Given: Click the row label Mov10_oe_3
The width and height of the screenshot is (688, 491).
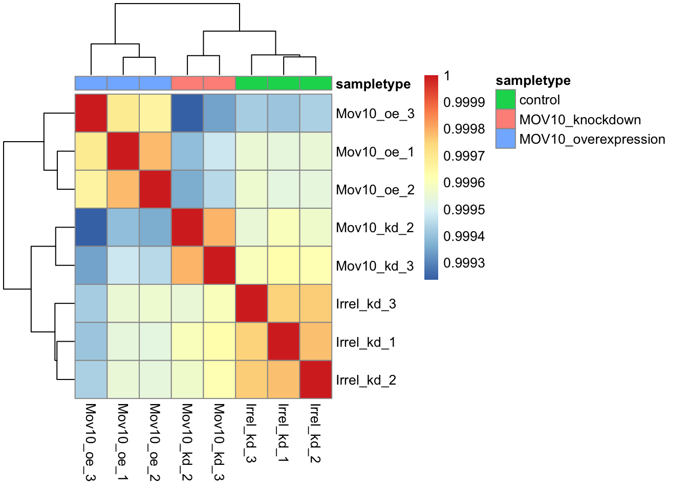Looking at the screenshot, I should click(375, 114).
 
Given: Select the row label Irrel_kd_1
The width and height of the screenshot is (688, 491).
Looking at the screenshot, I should click(365, 342).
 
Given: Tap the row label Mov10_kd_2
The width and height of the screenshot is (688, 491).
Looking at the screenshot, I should click(375, 228).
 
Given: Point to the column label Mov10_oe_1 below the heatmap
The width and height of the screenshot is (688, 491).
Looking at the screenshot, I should click(122, 442).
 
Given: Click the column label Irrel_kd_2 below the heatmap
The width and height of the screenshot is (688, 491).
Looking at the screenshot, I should click(315, 433).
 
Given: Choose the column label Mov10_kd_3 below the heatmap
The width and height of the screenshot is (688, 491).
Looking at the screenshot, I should click(219, 442).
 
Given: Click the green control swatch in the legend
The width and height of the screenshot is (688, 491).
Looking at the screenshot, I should click(505, 100).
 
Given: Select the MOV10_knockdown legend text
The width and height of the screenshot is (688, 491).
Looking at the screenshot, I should click(580, 120).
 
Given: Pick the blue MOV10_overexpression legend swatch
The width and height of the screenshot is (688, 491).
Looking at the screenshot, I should click(505, 139).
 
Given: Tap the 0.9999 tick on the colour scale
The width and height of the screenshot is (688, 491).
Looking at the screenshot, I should click(464, 102).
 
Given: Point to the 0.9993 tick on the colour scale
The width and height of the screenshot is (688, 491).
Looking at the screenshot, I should click(464, 263).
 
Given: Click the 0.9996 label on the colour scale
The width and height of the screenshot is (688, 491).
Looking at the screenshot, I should click(464, 183).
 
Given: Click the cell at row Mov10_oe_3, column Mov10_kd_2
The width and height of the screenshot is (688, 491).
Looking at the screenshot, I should click(187, 114).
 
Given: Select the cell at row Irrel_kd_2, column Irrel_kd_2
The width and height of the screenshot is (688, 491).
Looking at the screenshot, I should click(315, 380).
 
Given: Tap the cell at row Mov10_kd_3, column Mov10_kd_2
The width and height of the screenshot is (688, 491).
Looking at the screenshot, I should click(187, 265).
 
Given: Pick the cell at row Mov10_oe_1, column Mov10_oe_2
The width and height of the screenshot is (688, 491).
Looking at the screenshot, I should click(155, 151).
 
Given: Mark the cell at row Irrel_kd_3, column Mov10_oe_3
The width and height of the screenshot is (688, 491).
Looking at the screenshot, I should click(91, 303).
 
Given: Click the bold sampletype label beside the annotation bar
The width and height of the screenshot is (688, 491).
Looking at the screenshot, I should click(373, 84).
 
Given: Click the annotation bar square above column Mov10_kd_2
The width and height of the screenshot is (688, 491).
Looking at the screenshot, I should click(187, 83).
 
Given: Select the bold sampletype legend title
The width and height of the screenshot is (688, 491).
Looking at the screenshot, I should click(533, 80).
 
